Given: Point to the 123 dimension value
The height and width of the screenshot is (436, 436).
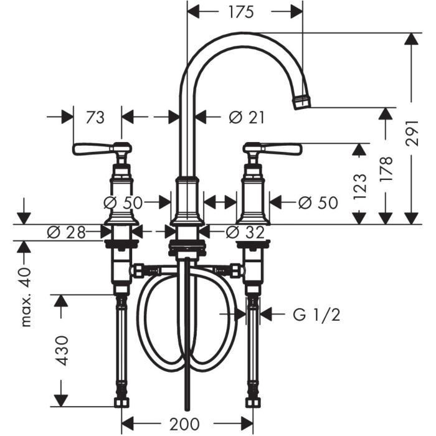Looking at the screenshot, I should [359, 186].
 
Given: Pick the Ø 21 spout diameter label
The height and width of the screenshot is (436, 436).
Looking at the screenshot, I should [247, 116].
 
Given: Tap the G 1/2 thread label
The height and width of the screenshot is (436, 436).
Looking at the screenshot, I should [316, 315].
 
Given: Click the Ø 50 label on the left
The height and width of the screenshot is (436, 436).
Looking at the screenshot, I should [122, 202].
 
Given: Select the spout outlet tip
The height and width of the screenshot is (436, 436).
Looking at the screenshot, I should [301, 102].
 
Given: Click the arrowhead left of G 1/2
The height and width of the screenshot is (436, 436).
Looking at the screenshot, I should [267, 315].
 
